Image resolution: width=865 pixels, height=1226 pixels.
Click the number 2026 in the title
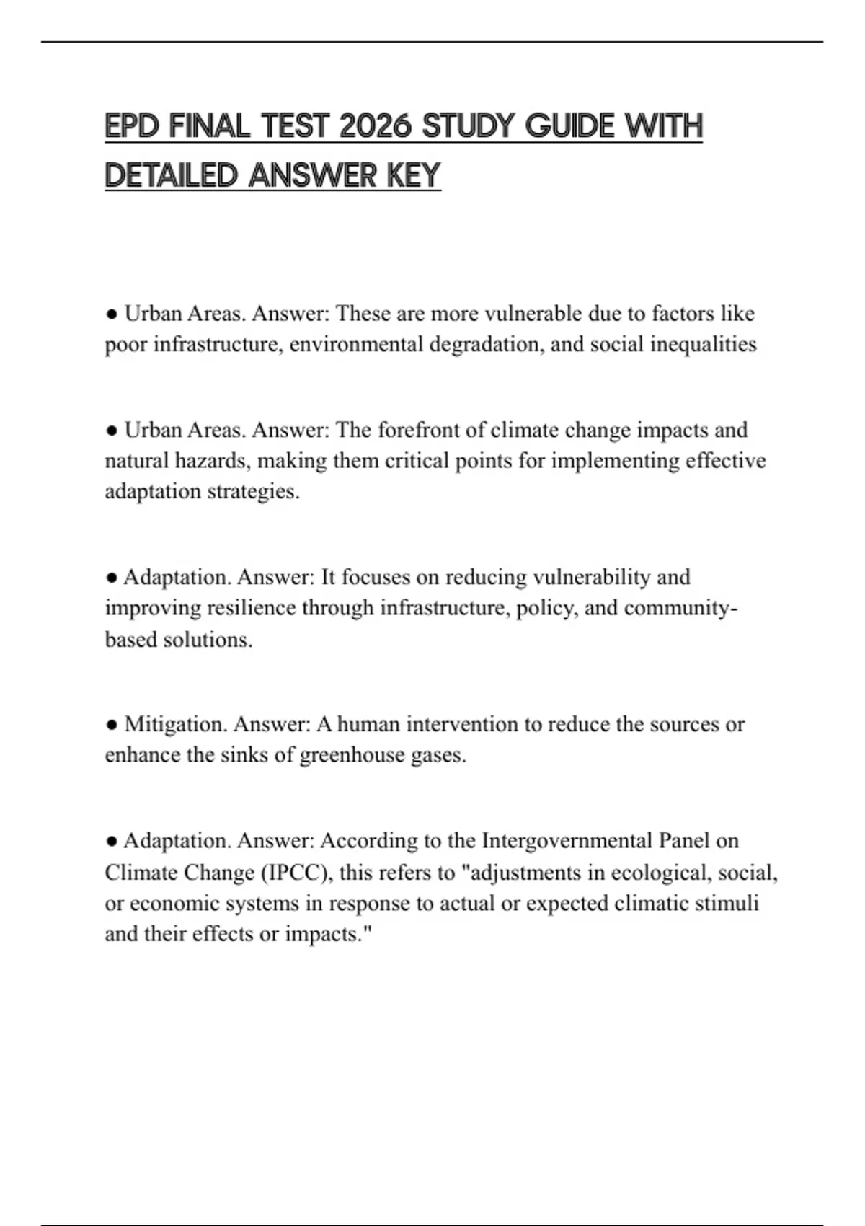(x=374, y=126)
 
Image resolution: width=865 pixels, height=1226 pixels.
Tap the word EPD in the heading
(x=132, y=126)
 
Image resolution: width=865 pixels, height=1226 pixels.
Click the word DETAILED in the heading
(x=171, y=175)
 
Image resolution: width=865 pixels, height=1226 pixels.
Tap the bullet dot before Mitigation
(x=112, y=724)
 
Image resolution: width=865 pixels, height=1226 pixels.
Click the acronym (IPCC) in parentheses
(x=295, y=873)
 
